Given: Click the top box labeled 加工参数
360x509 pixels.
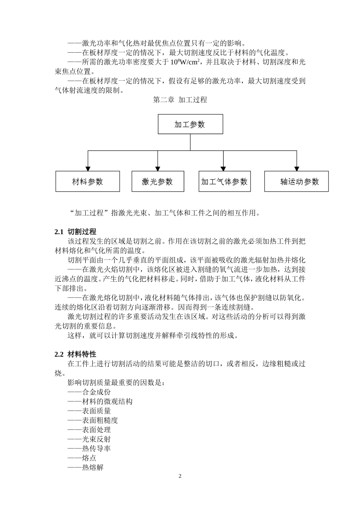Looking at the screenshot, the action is pyautogui.click(x=190, y=124).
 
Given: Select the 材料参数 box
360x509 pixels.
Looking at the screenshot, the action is pyautogui.click(x=88, y=181).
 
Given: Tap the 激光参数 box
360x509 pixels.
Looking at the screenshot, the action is pyautogui.click(x=158, y=181).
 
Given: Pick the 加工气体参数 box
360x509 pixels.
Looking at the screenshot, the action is pyautogui.click(x=224, y=181).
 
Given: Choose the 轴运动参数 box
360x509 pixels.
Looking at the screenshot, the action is pyautogui.click(x=296, y=181).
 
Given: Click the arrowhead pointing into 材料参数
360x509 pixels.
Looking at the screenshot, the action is pyautogui.click(x=88, y=168).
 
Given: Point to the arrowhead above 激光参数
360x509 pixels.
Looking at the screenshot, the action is pyautogui.click(x=157, y=168).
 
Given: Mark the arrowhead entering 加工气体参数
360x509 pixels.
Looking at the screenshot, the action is pyautogui.click(x=224, y=168).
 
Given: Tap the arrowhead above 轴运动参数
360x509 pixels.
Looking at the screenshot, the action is pyautogui.click(x=296, y=168).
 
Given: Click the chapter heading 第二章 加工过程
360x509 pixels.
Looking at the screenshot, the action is pyautogui.click(x=180, y=100).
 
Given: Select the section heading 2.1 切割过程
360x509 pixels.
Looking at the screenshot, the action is pyautogui.click(x=75, y=232).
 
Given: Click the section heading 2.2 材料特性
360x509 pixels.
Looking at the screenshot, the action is pyautogui.click(x=75, y=354).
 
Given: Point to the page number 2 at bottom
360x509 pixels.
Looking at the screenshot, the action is pyautogui.click(x=180, y=476).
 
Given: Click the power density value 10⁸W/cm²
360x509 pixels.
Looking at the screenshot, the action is pyautogui.click(x=187, y=62).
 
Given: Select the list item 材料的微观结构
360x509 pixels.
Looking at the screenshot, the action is pyautogui.click(x=107, y=401).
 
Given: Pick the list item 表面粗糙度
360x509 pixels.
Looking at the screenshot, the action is pyautogui.click(x=100, y=420).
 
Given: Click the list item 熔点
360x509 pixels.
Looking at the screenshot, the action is pyautogui.click(x=89, y=458).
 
